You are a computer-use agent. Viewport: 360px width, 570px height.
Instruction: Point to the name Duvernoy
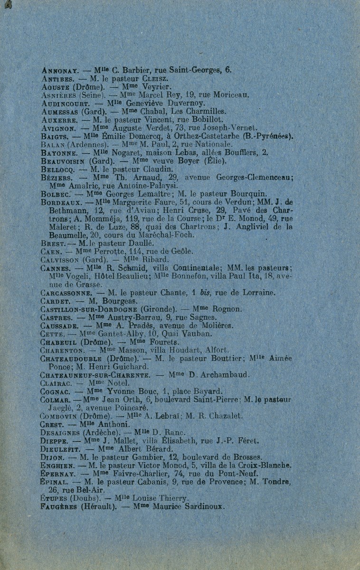point(184,103)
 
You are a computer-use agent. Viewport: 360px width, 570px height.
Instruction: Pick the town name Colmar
point(56,400)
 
